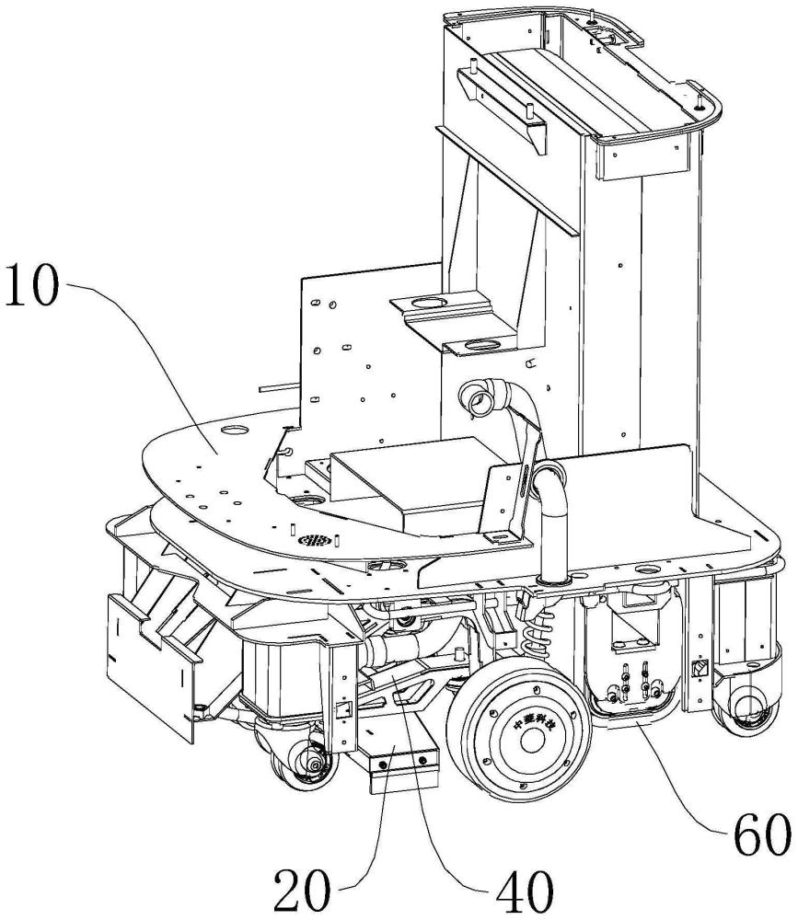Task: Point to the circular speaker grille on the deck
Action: click(312, 539)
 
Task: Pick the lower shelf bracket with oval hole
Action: click(481, 346)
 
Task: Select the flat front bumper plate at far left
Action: click(147, 662)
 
